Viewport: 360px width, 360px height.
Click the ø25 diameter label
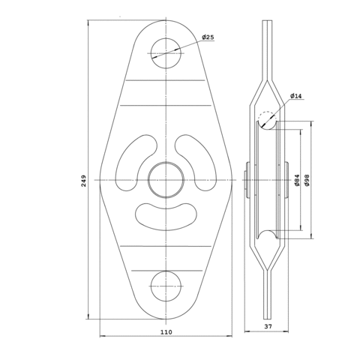[208, 37]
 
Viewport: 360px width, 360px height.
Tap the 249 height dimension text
[84, 181]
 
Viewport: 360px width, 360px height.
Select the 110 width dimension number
[166, 332]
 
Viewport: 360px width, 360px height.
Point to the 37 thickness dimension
[268, 326]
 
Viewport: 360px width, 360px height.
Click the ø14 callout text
[296, 96]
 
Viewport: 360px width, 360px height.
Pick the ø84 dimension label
[297, 180]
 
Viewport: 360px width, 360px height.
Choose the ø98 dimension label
[307, 180]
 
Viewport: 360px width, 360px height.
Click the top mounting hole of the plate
[166, 53]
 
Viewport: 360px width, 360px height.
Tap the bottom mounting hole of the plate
[166, 286]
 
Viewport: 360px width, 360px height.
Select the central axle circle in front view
[166, 180]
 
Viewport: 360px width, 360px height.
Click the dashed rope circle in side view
[268, 120]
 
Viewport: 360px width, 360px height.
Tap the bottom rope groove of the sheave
[268, 234]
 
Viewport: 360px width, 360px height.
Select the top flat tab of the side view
[268, 50]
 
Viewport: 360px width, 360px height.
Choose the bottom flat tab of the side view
[268, 295]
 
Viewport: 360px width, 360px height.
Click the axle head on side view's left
[247, 180]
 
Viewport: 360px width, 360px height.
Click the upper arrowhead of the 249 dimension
[88, 23]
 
